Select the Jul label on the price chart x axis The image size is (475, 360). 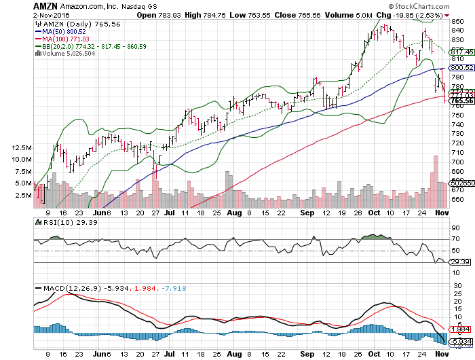pos(170,212)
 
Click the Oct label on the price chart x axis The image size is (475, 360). pos(373,212)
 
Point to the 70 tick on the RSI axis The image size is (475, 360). pos(455,239)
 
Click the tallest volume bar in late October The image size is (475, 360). pos(436,180)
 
